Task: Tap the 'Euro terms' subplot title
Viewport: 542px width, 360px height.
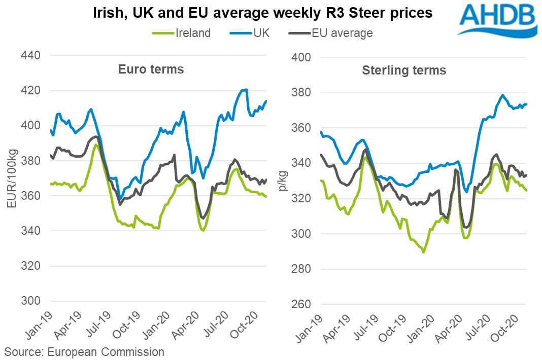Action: pos(151,69)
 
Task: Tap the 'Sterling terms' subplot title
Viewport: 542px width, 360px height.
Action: pos(404,70)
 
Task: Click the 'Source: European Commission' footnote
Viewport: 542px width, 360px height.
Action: pos(84,352)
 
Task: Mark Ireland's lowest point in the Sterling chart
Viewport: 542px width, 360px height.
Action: pos(423,252)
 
